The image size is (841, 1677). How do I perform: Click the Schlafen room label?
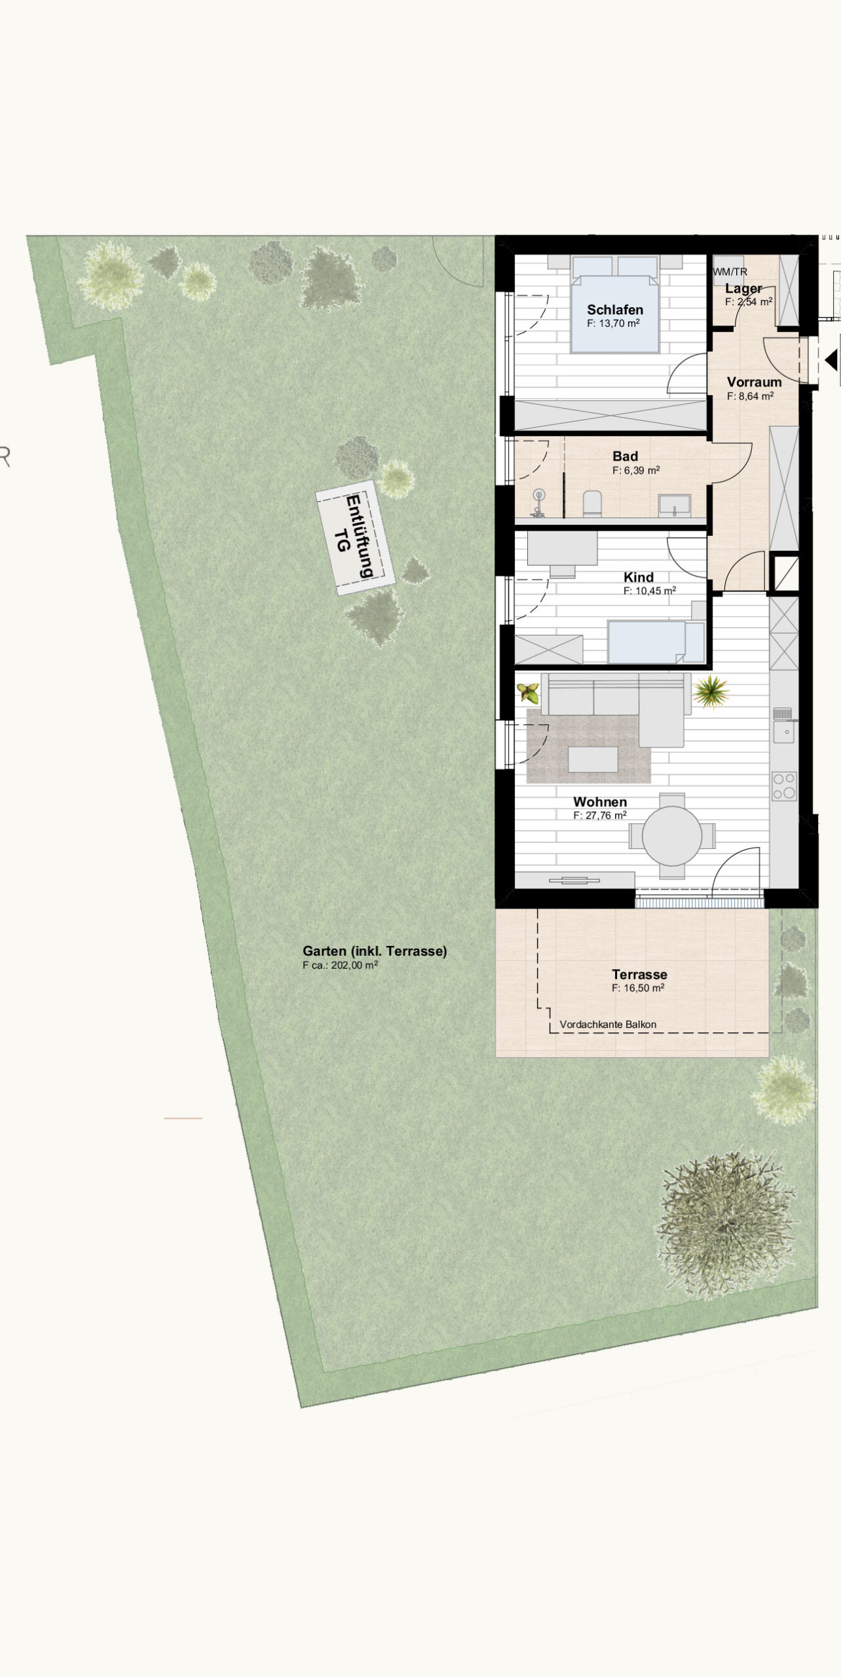(x=615, y=310)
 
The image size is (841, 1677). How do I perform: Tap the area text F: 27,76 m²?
(x=600, y=816)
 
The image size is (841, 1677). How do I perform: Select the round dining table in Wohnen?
(x=672, y=836)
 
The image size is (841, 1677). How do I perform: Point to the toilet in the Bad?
(x=592, y=503)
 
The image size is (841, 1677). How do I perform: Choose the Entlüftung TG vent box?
(x=356, y=538)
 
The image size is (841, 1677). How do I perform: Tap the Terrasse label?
(x=639, y=974)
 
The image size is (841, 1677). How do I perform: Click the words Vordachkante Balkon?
(x=608, y=1025)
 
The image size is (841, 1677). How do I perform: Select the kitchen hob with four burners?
(x=784, y=786)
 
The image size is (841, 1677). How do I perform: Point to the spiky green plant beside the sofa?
(x=709, y=692)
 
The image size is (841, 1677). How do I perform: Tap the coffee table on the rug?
(x=593, y=760)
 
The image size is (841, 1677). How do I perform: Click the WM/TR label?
(x=730, y=272)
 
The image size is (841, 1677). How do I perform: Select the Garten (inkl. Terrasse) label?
(x=375, y=951)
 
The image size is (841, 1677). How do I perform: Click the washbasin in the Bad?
(x=675, y=505)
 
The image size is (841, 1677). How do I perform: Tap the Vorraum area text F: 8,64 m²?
(x=751, y=396)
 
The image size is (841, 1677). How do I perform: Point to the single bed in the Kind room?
(x=656, y=641)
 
